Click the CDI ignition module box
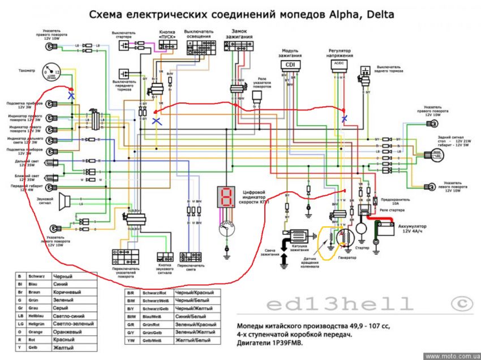(x=290, y=65)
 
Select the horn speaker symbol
(x=65, y=199)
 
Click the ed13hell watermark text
(x=339, y=304)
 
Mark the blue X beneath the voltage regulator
(x=344, y=118)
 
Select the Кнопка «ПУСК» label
(x=166, y=34)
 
